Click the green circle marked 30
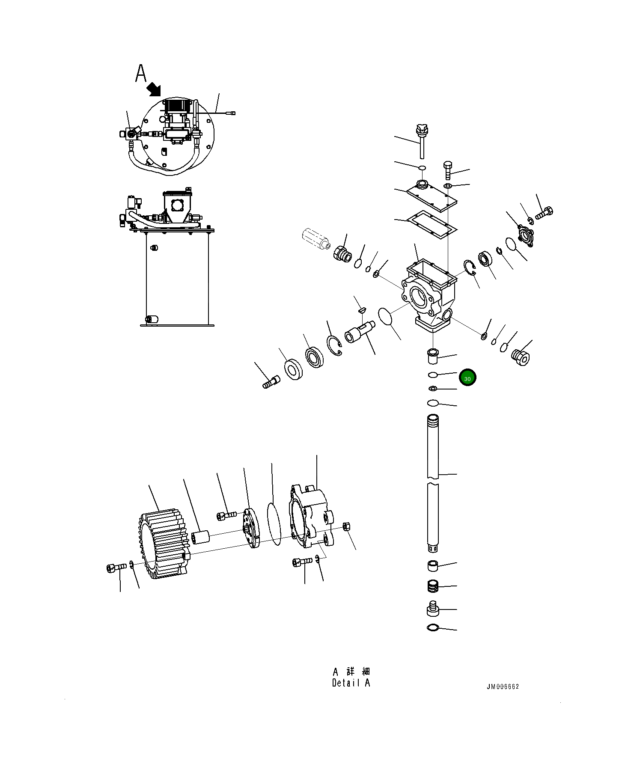tap(467, 378)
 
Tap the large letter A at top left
tap(141, 73)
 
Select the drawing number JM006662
tap(502, 687)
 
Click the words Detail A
tap(351, 683)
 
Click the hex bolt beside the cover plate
tap(448, 170)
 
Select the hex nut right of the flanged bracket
tap(347, 526)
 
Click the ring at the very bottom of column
tap(433, 628)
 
